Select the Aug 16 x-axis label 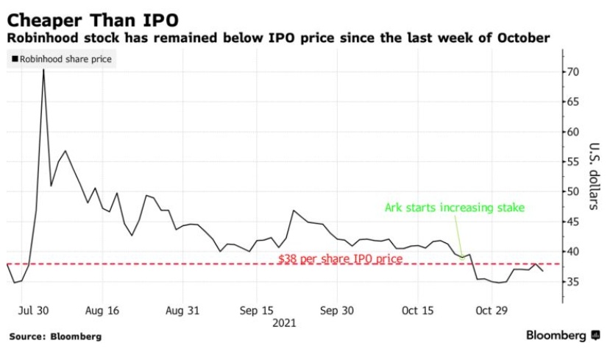(x=102, y=311)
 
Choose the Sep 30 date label (x=338, y=311)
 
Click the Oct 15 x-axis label (x=417, y=311)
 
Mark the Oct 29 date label (x=491, y=311)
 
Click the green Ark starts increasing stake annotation (x=455, y=208)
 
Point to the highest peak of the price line (x=43, y=69)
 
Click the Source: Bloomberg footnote (x=55, y=336)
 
